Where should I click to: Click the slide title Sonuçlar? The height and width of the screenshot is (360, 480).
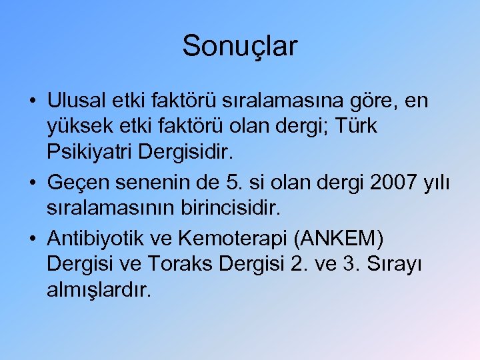pos(240,46)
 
